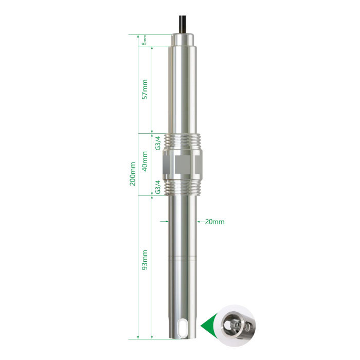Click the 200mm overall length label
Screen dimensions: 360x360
coord(133,174)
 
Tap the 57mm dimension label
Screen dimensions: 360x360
coord(145,89)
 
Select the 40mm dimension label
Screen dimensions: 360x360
coord(145,161)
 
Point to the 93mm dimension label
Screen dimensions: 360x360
coord(145,260)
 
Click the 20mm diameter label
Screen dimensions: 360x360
coord(214,222)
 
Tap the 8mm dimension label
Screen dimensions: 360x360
coord(144,40)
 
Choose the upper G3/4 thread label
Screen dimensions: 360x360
coord(158,143)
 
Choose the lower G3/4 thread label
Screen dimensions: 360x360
coord(158,187)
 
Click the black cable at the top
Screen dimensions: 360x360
coord(183,24)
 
